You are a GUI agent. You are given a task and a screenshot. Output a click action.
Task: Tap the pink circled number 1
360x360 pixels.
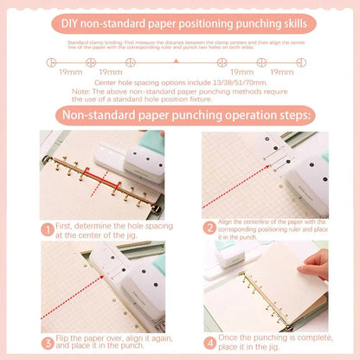tap(47, 229)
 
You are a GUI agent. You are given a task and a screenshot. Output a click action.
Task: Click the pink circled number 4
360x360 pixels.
tap(209, 341)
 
